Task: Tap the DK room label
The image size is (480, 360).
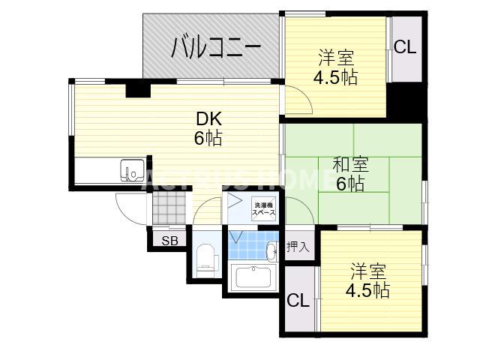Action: tap(208, 118)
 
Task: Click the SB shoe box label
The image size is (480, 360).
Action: tap(170, 240)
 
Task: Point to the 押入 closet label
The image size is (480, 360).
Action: tap(297, 247)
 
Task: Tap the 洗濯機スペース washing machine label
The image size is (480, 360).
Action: tap(263, 209)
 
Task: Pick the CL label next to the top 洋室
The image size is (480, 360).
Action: tap(405, 47)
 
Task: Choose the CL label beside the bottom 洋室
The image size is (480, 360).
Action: tap(298, 301)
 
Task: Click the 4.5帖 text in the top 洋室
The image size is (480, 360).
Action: tap(335, 76)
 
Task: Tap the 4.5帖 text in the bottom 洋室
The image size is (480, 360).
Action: tap(367, 290)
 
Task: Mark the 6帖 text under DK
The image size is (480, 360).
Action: tap(208, 138)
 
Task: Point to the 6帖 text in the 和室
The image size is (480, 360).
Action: tap(350, 184)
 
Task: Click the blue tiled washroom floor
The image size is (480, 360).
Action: tap(255, 244)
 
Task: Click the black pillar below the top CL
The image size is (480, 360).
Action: tap(406, 98)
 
